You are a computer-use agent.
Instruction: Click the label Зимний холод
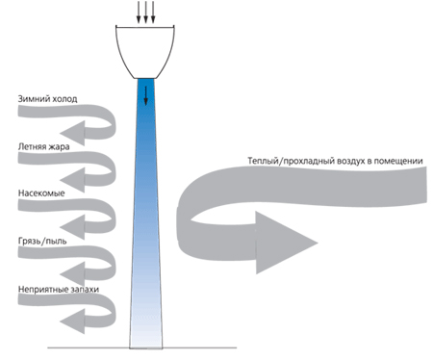point(47,98)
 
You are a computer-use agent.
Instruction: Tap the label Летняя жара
point(43,146)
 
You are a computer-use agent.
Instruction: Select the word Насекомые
point(41,193)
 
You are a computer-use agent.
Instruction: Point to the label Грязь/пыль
point(42,241)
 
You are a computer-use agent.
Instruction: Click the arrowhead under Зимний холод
point(73,133)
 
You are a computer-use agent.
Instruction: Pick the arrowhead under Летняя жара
point(73,180)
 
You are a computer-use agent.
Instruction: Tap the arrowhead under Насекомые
point(73,227)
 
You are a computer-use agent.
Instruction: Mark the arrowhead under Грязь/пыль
point(73,274)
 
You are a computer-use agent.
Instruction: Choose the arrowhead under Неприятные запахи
point(73,321)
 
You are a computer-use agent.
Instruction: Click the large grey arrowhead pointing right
point(282,243)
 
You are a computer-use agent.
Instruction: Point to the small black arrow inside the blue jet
point(145,95)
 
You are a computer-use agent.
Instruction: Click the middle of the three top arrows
point(145,13)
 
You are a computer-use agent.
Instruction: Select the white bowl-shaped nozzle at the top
point(145,52)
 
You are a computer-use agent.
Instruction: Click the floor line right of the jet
point(199,347)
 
